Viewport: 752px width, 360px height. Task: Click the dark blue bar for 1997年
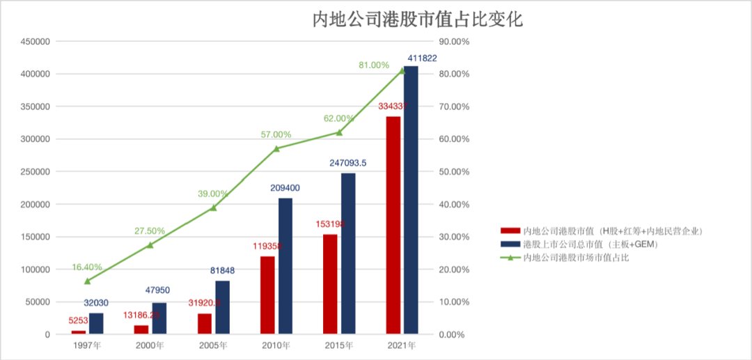coord(96,324)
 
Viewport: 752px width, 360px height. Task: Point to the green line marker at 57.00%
coord(276,148)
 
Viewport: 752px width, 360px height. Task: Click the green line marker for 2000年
coord(150,245)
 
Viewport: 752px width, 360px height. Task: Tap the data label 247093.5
coord(358,163)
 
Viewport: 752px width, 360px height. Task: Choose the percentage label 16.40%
coord(86,267)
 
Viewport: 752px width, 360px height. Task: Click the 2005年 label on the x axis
coord(213,345)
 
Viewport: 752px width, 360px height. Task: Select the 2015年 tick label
coord(339,345)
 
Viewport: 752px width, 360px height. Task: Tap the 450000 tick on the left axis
coord(32,42)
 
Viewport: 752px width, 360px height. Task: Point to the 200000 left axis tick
coord(32,205)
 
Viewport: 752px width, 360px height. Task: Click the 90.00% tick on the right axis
coord(457,42)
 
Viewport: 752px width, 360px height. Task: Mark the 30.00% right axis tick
coord(457,237)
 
